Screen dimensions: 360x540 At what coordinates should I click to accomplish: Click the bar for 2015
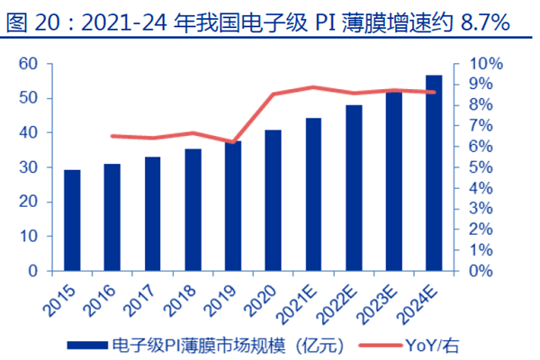[71, 220]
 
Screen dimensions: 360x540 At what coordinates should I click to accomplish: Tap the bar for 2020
[273, 200]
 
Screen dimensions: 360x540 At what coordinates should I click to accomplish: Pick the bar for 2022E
[354, 187]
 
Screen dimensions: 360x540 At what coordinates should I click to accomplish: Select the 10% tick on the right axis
[475, 64]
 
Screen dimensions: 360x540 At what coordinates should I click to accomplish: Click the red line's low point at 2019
[233, 142]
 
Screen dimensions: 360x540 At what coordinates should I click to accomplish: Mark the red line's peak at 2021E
[313, 87]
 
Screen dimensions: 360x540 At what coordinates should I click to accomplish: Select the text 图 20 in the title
[30, 22]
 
